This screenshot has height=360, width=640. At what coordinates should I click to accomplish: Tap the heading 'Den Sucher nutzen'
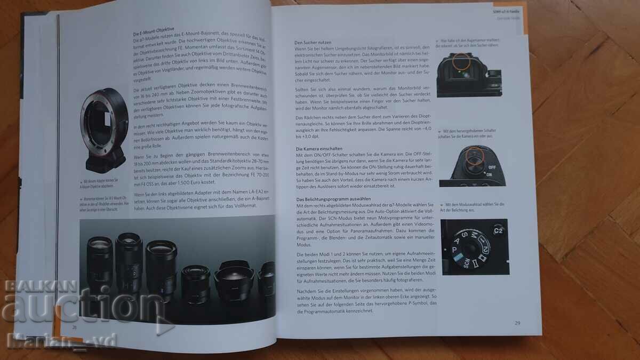point(313,42)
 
